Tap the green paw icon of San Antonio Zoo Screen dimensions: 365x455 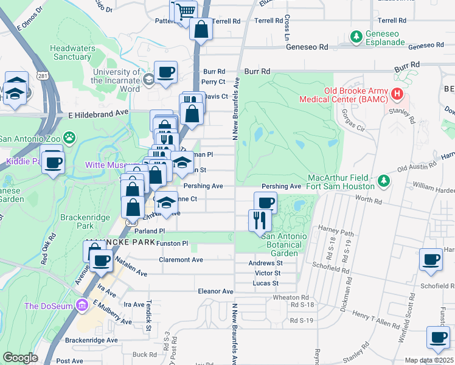pos(71,138)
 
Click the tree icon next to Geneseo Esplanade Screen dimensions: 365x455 pos(356,36)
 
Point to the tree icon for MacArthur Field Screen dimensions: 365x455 pos(383,181)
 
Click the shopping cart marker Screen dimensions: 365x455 pos(186,11)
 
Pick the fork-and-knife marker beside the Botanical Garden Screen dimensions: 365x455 pos(260,220)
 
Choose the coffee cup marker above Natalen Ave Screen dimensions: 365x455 pos(101,260)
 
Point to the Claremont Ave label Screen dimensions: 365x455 pos(181,259)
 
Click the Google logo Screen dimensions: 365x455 pos(20,358)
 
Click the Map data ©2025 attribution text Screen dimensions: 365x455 pos(428,360)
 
